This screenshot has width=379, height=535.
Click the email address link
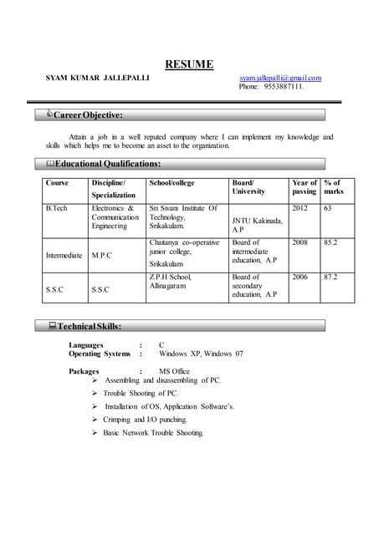coord(280,78)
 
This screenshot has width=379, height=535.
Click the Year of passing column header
coord(304,187)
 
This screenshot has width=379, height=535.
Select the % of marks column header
coord(332,187)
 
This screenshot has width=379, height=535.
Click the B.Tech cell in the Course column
coord(57,208)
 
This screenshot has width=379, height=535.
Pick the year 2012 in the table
coord(300,208)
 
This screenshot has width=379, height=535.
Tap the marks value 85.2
coord(330,242)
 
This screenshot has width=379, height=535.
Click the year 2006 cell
coord(300,277)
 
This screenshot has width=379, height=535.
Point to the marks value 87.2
coord(330,277)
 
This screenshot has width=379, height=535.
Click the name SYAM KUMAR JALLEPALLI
coord(98,78)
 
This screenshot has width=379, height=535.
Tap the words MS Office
coord(174,371)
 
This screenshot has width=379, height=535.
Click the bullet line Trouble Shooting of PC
coord(141,393)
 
